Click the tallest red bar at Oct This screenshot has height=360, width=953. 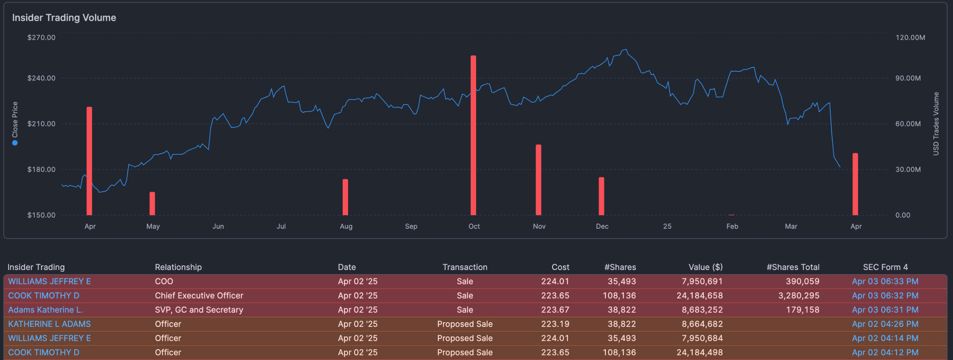coord(473,135)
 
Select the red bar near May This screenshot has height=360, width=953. coord(152,204)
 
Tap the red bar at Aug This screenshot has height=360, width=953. coord(345,197)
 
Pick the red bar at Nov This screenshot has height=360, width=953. coord(538,180)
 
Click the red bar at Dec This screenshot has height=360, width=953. coord(601,196)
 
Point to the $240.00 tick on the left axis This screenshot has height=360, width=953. coord(41,78)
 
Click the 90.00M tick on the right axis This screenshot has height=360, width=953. coord(908,78)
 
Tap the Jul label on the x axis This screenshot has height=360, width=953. coord(281,227)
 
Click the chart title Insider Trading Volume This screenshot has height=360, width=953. coord(64,18)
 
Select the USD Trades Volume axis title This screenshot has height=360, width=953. coord(936,124)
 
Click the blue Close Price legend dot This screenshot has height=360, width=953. coord(15,143)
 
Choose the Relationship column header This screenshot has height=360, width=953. coord(178,267)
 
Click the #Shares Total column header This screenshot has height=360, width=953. coord(792,267)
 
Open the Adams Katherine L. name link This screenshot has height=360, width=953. coord(45,310)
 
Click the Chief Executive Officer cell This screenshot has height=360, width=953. coord(199,296)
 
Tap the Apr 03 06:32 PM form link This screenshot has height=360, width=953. coord(885,296)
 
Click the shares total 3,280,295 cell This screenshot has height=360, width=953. coord(798,296)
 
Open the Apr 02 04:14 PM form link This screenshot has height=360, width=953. coord(885,338)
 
